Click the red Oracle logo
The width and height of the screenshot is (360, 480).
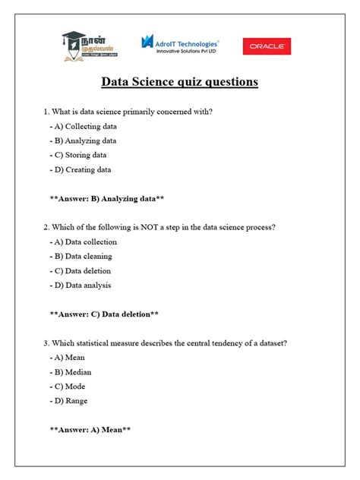click(265, 47)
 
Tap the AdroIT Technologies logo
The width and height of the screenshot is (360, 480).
click(180, 47)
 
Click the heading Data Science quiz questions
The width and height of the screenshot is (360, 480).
click(179, 82)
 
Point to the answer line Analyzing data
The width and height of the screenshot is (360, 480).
click(106, 198)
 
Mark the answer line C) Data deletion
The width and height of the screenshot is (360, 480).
click(103, 314)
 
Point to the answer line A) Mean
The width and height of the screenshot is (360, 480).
click(90, 430)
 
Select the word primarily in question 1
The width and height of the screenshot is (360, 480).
click(128, 112)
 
